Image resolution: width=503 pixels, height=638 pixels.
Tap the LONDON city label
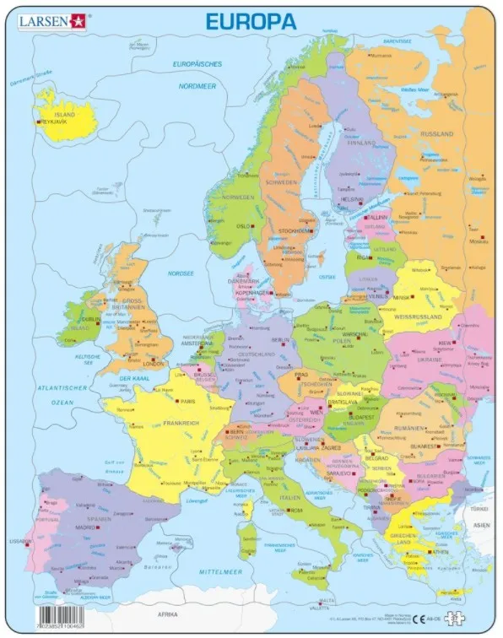pyautogui.click(x=154, y=364)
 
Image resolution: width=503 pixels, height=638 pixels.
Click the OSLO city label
pyautogui.click(x=244, y=225)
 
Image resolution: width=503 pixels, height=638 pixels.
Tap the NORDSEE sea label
pyautogui.click(x=180, y=273)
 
